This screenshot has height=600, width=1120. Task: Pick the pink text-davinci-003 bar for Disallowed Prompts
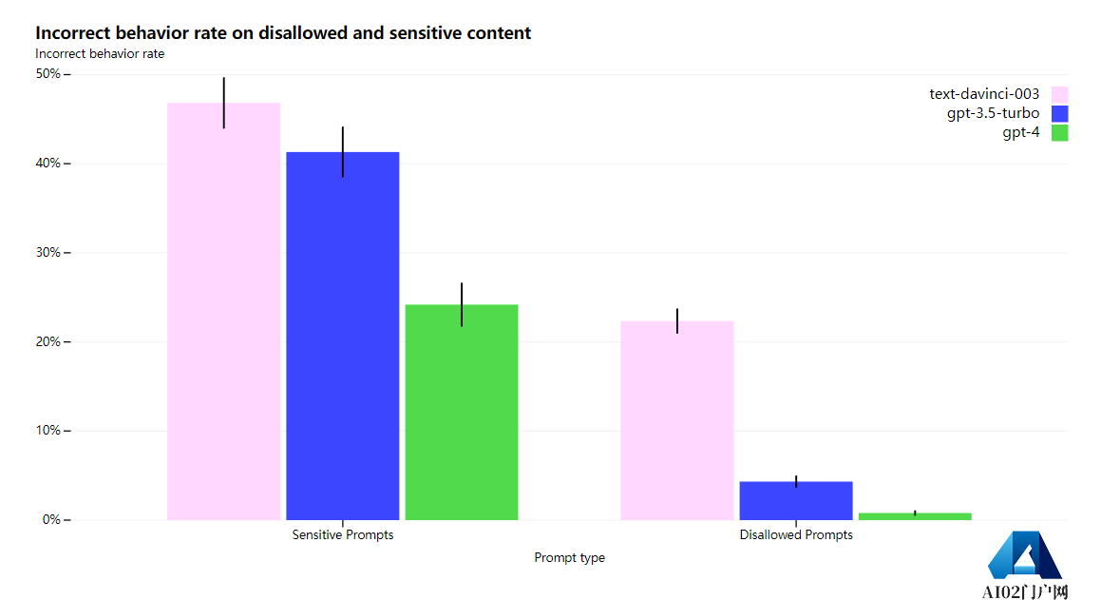pyautogui.click(x=676, y=420)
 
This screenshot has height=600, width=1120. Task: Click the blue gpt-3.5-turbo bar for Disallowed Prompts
pyautogui.click(x=796, y=500)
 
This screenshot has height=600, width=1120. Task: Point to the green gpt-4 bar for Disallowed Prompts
pyautogui.click(x=915, y=516)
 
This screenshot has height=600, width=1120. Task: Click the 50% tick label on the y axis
pyautogui.click(x=48, y=74)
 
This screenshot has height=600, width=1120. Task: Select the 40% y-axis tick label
pyautogui.click(x=48, y=164)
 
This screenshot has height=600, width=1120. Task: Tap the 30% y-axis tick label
pyautogui.click(x=48, y=253)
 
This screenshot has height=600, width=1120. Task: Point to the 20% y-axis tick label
pyautogui.click(x=48, y=342)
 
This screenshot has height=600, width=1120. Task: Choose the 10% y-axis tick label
pyautogui.click(x=48, y=431)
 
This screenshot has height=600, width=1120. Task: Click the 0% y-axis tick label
pyautogui.click(x=51, y=520)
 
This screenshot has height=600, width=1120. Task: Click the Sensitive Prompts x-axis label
pyautogui.click(x=343, y=535)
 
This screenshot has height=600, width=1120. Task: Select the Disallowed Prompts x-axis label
pyautogui.click(x=796, y=535)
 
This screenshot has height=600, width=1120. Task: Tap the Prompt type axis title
pyautogui.click(x=569, y=558)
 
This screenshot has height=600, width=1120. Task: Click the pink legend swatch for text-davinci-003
pyautogui.click(x=1059, y=94)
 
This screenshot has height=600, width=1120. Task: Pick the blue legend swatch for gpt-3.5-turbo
pyautogui.click(x=1059, y=113)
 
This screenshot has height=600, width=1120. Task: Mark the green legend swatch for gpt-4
pyautogui.click(x=1059, y=133)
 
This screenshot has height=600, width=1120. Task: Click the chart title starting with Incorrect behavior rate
pyautogui.click(x=283, y=33)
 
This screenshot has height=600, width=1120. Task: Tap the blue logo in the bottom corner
pyautogui.click(x=1024, y=556)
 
